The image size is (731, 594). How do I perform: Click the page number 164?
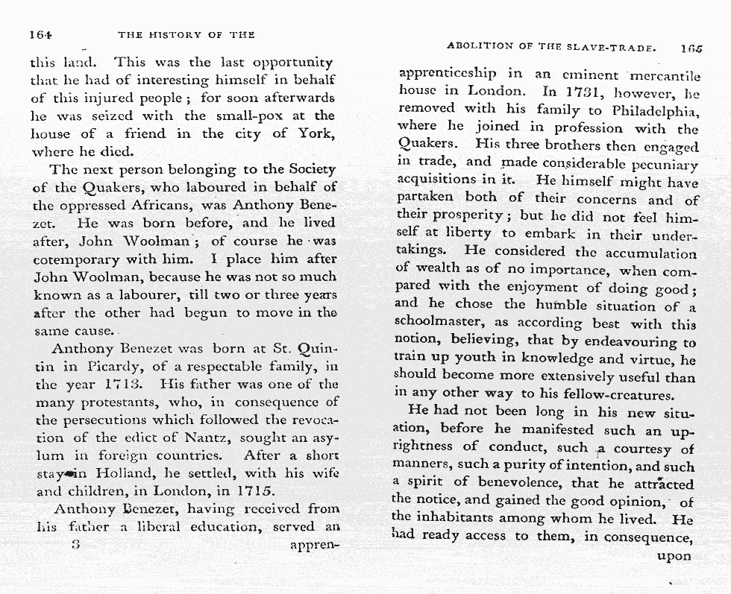[x=40, y=34]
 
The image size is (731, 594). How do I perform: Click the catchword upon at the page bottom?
[x=675, y=555]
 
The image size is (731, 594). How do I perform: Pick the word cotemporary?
[x=78, y=259]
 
